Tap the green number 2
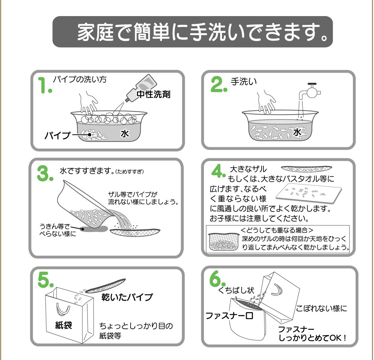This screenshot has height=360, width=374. tap(218, 84)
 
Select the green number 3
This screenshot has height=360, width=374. tap(45, 174)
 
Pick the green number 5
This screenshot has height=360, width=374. tap(45, 280)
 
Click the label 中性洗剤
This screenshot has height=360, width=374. tap(153, 94)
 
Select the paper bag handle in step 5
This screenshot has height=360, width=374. tap(63, 309)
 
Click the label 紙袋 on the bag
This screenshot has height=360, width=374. tap(64, 325)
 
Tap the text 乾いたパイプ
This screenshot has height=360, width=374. tap(127, 297)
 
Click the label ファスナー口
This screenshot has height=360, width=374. tap(229, 316)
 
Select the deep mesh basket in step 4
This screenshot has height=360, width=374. tap(223, 242)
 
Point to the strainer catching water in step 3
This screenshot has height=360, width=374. tap(135, 232)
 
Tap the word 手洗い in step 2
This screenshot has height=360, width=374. tap(243, 82)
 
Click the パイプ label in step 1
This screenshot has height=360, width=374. tap(58, 135)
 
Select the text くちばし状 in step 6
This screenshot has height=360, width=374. tap(236, 290)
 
